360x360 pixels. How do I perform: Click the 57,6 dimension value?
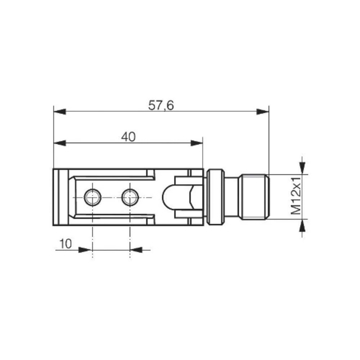coord(161,105)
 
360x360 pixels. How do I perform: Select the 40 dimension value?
coord(128,137)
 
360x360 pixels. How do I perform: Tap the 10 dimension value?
coord(65,244)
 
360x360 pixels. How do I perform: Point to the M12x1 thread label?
coord(296,197)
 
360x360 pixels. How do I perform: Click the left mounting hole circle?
coord(93,197)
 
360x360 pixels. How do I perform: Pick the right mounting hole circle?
coord(130,197)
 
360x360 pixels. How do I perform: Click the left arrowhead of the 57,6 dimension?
coord(60,112)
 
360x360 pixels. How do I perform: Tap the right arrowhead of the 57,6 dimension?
coord(263,112)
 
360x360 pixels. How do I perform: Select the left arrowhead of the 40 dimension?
coord(60,143)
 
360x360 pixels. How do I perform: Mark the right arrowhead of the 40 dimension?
coord(197,143)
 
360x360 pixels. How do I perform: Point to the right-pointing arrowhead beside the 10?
coord(85,249)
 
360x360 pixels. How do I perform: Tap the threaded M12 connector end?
coord(255,197)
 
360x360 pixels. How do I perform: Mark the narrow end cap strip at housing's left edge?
coord(60,197)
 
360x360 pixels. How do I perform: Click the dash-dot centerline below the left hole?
coord(93,238)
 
